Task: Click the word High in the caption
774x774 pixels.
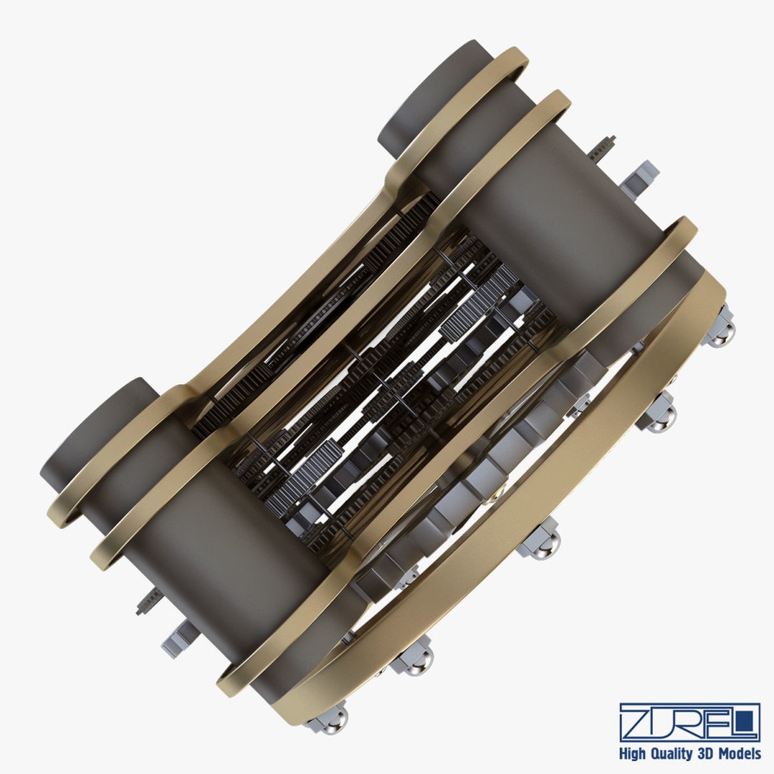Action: tap(631, 754)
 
